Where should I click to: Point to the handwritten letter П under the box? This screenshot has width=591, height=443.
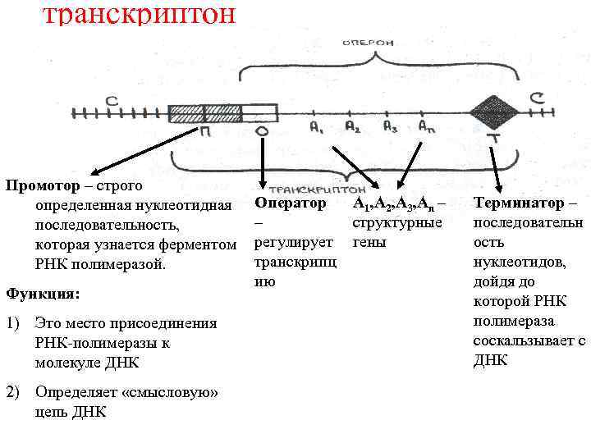click(203, 133)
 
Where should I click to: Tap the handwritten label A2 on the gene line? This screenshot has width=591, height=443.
click(352, 127)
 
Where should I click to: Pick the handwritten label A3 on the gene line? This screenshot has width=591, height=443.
click(391, 127)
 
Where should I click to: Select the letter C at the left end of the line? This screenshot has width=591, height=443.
click(111, 100)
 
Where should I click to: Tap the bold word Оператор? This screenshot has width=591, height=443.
click(290, 202)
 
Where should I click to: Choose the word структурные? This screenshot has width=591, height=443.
click(397, 222)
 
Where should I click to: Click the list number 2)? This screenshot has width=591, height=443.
click(13, 392)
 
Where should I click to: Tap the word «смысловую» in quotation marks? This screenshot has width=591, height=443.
click(170, 392)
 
